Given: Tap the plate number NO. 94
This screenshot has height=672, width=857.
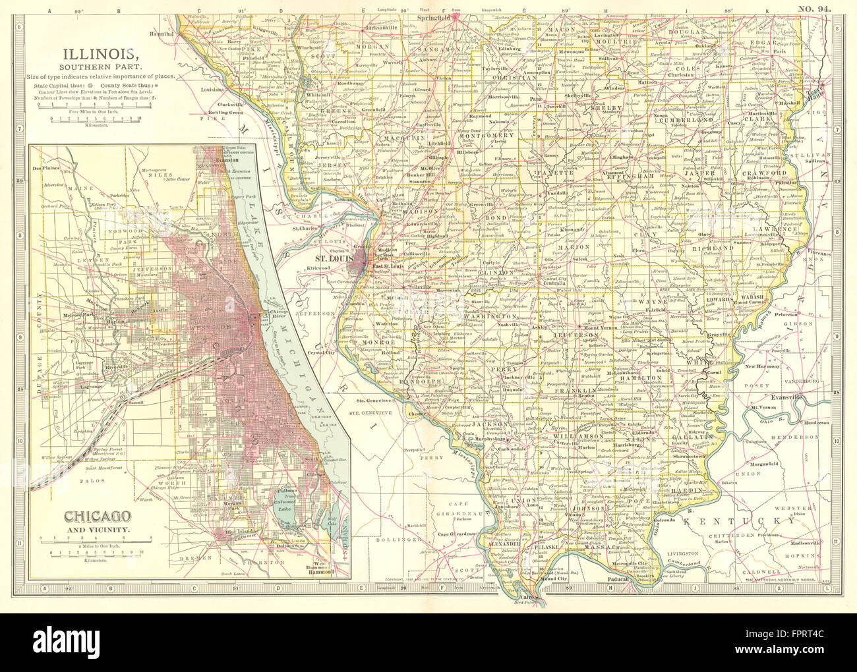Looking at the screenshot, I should (814, 8).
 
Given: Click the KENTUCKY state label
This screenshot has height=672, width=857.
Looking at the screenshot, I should (739, 521).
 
